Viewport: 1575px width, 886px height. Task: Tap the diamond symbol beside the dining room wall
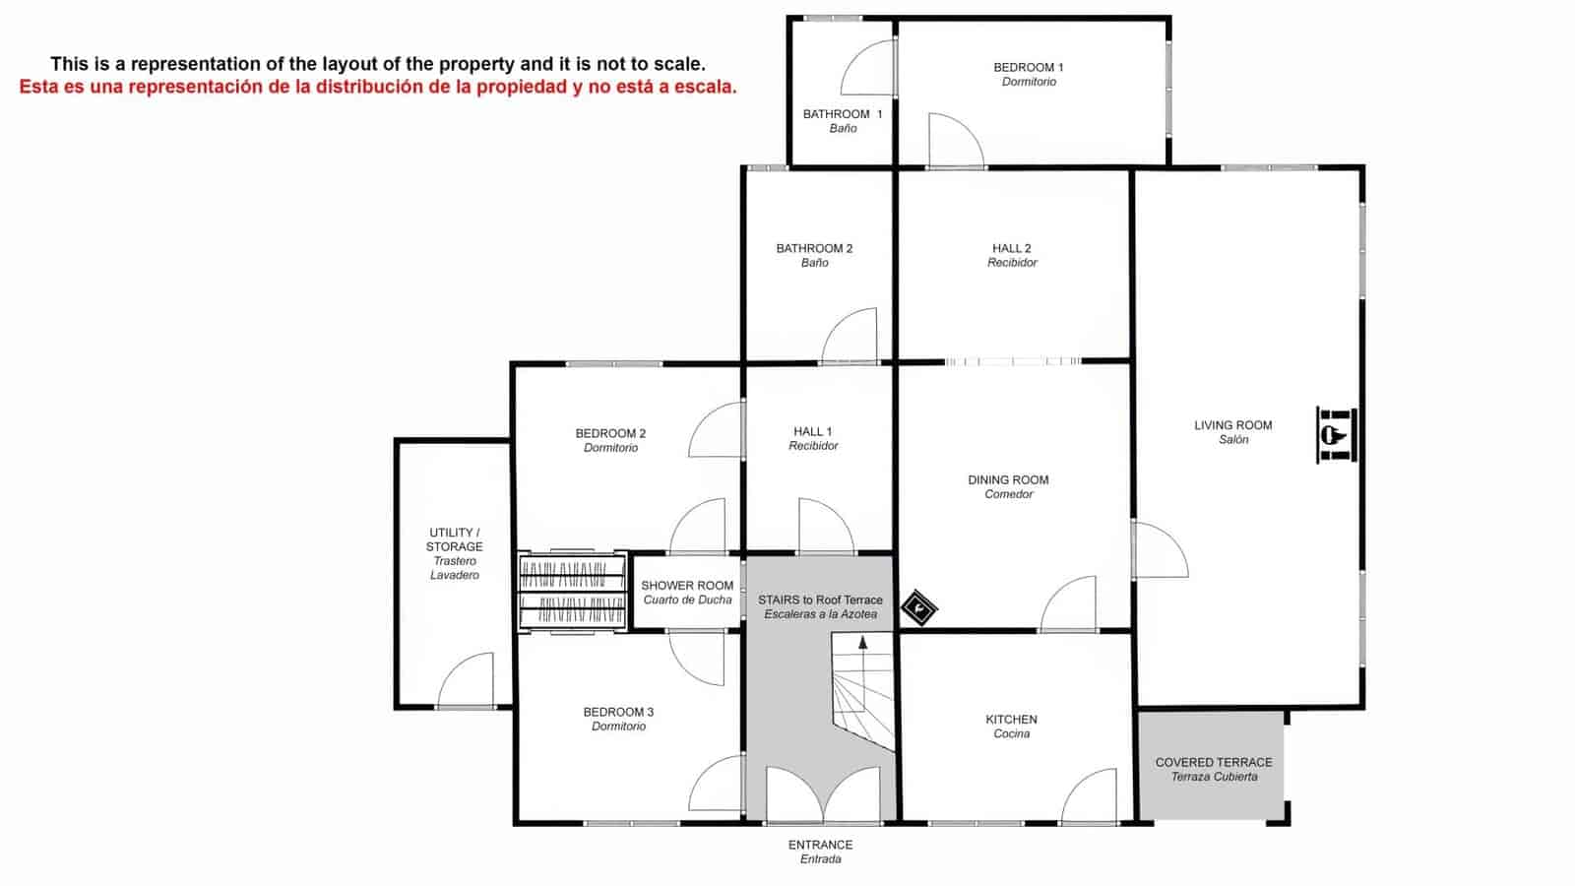pos(918,608)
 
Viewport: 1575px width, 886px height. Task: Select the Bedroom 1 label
pos(1029,74)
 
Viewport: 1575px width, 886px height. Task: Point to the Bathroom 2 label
pos(814,255)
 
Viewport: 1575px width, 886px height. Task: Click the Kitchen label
pos(1011,727)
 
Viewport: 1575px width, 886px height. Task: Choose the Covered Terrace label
pos(1214,769)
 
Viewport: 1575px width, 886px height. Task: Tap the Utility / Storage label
pos(454,553)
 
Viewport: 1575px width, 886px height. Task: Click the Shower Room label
pos(687,592)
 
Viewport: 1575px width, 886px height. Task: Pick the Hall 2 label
pos(1012,255)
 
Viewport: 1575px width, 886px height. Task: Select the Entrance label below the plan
pos(820,852)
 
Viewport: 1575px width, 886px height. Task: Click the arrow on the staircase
pos(863,643)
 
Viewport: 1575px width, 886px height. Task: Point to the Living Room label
pos(1232,432)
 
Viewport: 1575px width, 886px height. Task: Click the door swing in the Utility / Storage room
pos(467,681)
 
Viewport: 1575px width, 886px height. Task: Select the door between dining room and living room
pos(1160,549)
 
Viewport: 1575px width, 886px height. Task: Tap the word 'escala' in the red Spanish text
pos(706,87)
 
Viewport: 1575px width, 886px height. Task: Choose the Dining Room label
pos(1008,486)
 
